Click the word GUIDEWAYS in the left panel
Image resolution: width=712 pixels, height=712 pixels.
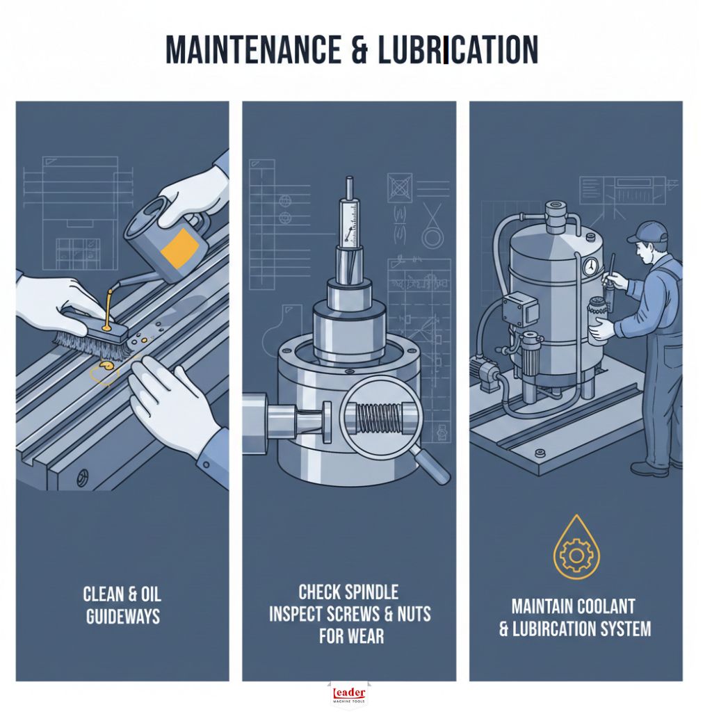pos(122,616)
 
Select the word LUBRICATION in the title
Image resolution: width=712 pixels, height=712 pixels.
pos(458,50)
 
